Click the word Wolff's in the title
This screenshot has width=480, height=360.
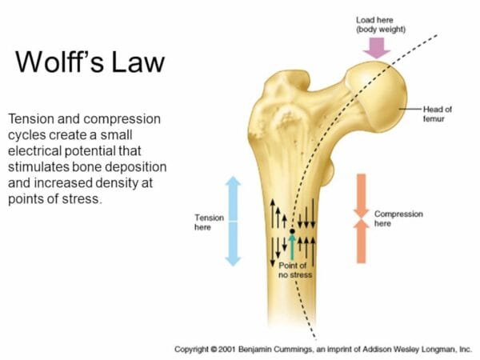pos(59,62)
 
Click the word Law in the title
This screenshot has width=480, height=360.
pos(138,62)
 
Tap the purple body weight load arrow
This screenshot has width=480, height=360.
pos(376,48)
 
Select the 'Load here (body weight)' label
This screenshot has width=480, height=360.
pos(381,25)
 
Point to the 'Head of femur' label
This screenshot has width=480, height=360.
pos(437,114)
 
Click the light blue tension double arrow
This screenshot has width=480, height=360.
pos(233,221)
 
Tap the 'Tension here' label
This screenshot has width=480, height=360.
pos(209,222)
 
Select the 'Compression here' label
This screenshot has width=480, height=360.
pos(398,218)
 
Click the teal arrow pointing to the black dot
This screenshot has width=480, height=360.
pos(292,247)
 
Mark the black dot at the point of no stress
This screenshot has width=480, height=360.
pos(292,231)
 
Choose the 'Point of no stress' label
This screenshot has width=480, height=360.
pos(295,270)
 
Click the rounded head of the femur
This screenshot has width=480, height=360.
pos(379,95)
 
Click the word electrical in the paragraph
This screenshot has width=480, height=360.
pos(35,150)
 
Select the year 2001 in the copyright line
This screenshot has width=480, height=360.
pos(227,350)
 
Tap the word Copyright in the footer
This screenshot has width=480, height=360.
pos(192,350)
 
